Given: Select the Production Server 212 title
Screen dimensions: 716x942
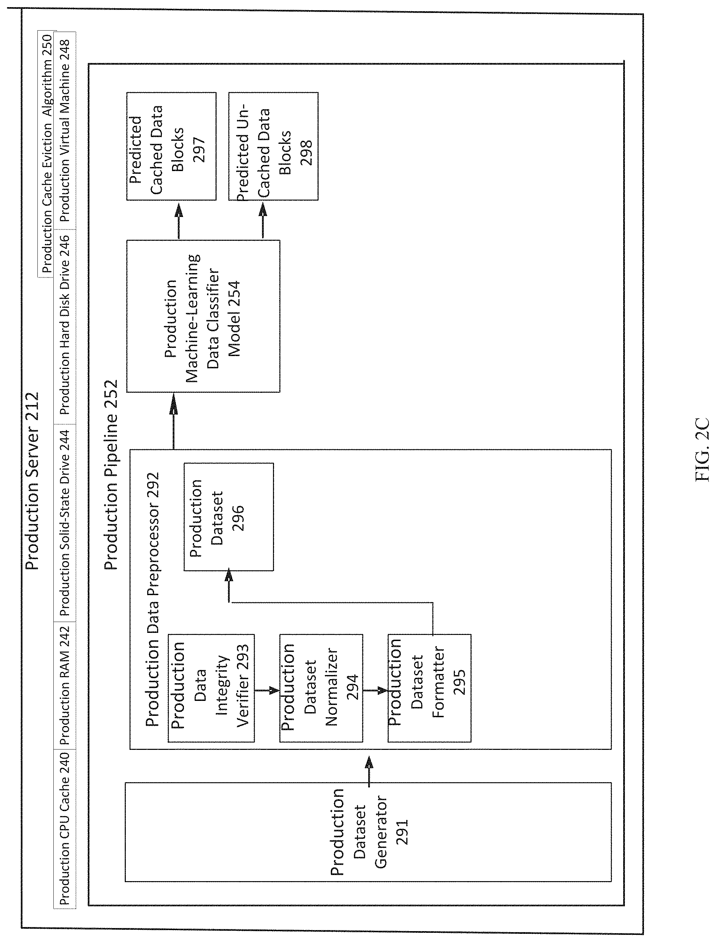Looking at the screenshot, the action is tap(32, 481).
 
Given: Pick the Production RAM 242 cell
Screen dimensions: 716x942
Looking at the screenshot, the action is tap(65, 686).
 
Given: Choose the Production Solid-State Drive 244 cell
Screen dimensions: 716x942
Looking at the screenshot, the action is tap(65, 523).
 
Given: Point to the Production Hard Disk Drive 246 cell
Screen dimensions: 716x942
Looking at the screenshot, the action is tap(65, 326).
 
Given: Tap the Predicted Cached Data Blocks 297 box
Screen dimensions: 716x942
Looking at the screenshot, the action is tap(171, 146).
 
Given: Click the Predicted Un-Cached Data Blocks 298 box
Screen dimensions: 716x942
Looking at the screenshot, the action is tap(273, 146).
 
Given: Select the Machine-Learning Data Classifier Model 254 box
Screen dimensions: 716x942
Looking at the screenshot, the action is tap(203, 316).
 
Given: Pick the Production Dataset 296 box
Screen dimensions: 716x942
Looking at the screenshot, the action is tap(228, 517).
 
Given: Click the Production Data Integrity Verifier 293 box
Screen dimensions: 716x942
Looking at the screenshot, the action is tap(211, 688).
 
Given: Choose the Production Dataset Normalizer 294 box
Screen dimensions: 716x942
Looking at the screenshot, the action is tap(321, 688).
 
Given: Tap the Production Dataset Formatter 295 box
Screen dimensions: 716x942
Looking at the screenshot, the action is tap(429, 688).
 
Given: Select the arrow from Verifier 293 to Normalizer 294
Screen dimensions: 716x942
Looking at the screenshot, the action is tap(267, 690).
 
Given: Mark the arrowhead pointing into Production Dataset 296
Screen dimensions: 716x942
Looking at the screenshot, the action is tap(229, 575).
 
